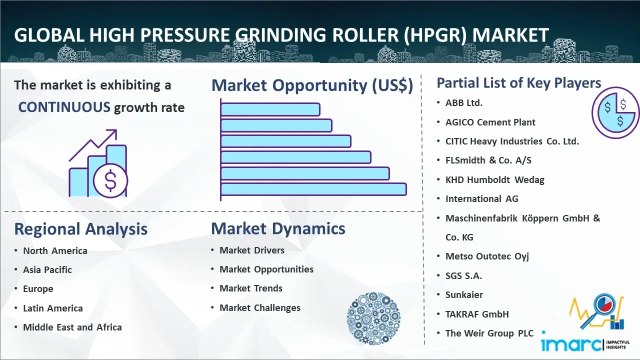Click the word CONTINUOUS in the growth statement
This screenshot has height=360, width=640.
[64, 107]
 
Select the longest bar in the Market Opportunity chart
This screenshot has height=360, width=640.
[313, 189]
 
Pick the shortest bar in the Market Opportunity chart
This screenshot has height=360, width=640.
[270, 109]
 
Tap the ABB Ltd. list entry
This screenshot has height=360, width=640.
[463, 103]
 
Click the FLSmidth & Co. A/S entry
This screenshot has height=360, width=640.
[488, 160]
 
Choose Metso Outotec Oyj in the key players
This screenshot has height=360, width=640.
[487, 256]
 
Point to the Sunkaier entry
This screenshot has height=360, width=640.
[464, 294]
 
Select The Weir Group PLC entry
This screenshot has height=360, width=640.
[489, 333]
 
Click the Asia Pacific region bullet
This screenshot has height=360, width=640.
[47, 269]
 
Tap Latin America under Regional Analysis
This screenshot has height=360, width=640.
[53, 308]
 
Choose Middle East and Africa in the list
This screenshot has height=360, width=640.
[72, 327]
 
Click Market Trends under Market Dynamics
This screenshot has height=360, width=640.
[251, 288]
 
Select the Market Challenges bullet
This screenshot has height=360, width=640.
[259, 307]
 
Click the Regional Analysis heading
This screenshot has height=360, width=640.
[81, 229]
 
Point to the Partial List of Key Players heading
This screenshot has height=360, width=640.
[519, 83]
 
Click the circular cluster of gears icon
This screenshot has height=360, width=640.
[373, 318]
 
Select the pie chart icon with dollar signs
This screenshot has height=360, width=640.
[615, 113]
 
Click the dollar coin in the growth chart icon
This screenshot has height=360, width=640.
[110, 180]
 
